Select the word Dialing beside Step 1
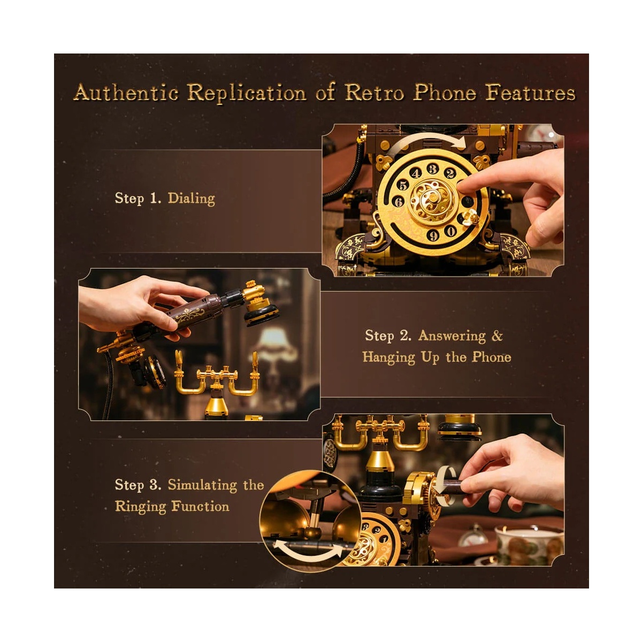pyautogui.click(x=191, y=199)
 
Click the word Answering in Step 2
pyautogui.click(x=452, y=335)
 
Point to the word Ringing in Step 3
pyautogui.click(x=140, y=507)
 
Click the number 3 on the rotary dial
pyautogui.click(x=432, y=169)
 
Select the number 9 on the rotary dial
pyautogui.click(x=433, y=235)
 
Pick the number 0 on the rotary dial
pyautogui.click(x=450, y=231)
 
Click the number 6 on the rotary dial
pyautogui.click(x=399, y=202)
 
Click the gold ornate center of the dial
pyautogui.click(x=432, y=200)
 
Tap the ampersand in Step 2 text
pyautogui.click(x=497, y=335)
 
